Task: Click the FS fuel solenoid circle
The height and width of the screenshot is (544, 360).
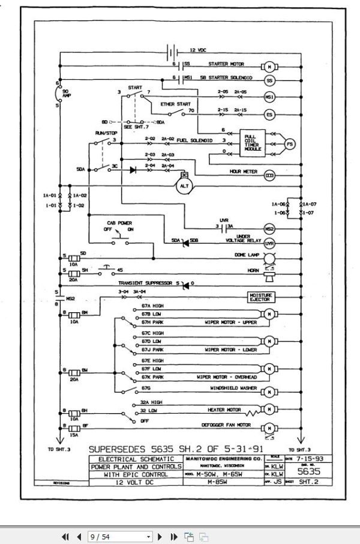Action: [x=289, y=145]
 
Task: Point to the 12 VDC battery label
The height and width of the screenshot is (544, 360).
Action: [x=199, y=50]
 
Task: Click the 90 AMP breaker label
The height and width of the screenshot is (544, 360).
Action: [x=67, y=93]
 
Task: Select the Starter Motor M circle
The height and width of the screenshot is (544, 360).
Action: [x=269, y=65]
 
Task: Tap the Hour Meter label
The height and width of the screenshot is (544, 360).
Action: [x=243, y=172]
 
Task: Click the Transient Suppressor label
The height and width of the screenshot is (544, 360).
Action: [x=146, y=282]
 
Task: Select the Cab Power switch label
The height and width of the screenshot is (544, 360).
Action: [x=119, y=222]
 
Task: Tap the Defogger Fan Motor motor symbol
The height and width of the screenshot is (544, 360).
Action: [x=269, y=428]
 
